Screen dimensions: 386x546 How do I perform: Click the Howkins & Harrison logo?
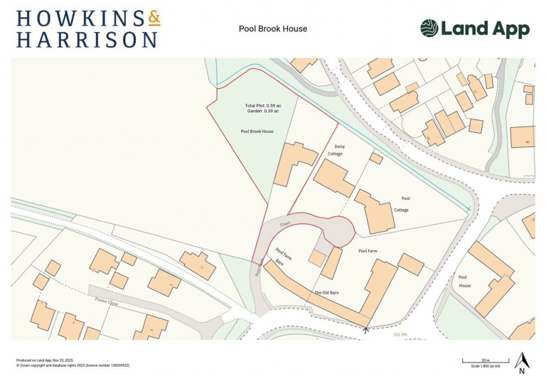pyautogui.click(x=87, y=28)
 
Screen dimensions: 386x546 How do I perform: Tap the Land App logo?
pyautogui.click(x=474, y=29)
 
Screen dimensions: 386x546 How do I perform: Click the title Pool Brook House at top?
pyautogui.click(x=273, y=29)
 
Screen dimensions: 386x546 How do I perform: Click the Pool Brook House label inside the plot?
pyautogui.click(x=257, y=132)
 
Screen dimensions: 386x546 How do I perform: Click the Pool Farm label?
pyautogui.click(x=367, y=251)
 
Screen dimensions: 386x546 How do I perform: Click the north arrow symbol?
pyautogui.click(x=521, y=362)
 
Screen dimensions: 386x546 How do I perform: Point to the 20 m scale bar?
pyautogui.click(x=476, y=361)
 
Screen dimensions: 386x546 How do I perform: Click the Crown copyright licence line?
pyautogui.click(x=73, y=365)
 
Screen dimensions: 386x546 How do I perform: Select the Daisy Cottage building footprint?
pyautogui.click(x=334, y=177)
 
